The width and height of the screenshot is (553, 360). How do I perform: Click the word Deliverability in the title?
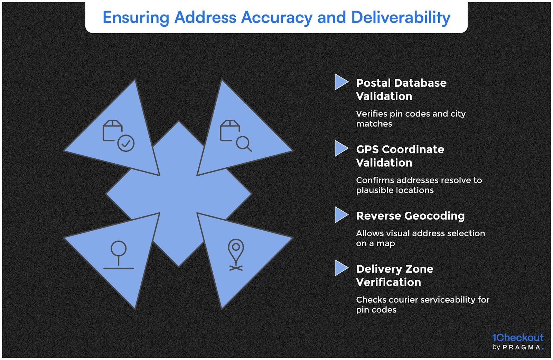(401, 17)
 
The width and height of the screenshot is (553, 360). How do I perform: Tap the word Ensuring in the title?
(136, 17)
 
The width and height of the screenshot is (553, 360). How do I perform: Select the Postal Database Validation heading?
(401, 90)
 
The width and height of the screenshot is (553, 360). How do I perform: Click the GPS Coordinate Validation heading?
(400, 156)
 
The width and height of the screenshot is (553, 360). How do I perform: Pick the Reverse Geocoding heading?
(410, 216)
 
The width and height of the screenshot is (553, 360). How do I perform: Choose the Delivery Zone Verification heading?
(394, 275)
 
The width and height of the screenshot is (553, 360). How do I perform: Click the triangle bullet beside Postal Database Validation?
(341, 82)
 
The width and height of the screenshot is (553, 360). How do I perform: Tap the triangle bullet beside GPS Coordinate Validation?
(341, 149)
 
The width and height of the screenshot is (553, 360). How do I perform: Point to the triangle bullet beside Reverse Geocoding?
(341, 215)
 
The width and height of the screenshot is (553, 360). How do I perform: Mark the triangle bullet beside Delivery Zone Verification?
(341, 268)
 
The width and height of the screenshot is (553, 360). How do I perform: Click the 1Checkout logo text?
(517, 338)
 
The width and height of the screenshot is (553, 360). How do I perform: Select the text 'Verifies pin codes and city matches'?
(411, 119)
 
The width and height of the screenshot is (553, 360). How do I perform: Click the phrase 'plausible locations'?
(395, 190)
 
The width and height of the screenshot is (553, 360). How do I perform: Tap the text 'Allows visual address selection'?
(420, 233)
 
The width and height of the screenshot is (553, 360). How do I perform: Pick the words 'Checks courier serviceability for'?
(422, 300)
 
